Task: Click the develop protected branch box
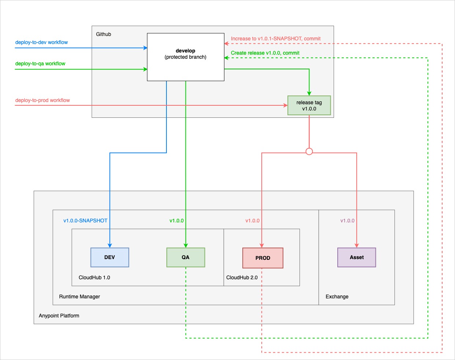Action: coord(186,57)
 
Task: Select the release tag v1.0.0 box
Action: coord(309,106)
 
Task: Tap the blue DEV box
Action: coord(110,257)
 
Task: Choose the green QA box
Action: coord(186,257)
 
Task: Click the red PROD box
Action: coord(263,258)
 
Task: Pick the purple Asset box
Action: coord(356,257)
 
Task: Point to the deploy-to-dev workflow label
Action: coord(41,42)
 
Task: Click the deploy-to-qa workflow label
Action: coord(40,63)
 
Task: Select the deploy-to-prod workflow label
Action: coord(43,100)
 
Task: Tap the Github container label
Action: coord(103,34)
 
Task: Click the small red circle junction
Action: coord(309,152)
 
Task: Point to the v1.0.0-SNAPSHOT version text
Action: coord(85,221)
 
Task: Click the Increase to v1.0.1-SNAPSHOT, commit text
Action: coord(276,39)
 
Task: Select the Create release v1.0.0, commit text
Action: coord(265,53)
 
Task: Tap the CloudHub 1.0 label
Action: coord(94,277)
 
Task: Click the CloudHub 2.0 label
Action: coord(242,277)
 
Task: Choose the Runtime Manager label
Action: coord(80,297)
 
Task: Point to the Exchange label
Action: coord(337,297)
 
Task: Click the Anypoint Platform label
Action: coord(59,316)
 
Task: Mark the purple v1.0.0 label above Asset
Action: coord(347,221)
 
